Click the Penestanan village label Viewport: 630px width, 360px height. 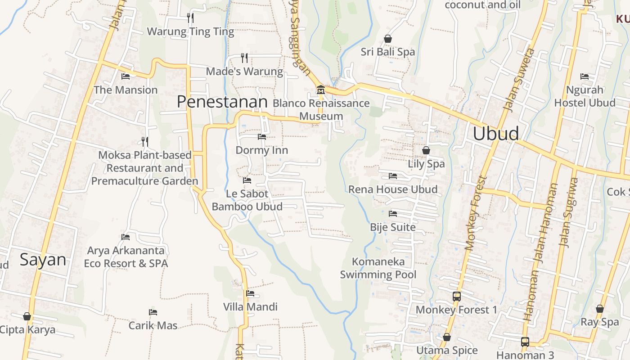coord(222,102)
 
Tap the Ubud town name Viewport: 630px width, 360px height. coord(496,134)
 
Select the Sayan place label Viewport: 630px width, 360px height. coord(43,260)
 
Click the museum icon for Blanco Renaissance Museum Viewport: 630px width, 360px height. coord(320,90)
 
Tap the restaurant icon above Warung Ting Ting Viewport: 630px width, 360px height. coord(190,18)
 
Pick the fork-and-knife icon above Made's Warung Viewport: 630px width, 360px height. coord(244,58)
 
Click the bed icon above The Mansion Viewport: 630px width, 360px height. coord(126,76)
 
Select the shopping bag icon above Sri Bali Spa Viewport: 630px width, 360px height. coord(387,39)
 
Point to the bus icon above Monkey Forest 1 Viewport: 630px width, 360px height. coord(456,297)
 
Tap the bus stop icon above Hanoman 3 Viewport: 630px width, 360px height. coord(525,342)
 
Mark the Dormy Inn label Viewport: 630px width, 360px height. coord(261,150)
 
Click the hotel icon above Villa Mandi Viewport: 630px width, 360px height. coord(250,293)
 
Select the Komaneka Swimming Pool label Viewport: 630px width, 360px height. coord(378,268)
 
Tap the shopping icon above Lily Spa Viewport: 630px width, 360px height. coord(426,150)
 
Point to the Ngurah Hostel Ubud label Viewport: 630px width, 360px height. coord(585,96)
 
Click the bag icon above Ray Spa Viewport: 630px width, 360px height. coord(599,309)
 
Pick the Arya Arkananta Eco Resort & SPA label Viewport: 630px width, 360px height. coord(126,257)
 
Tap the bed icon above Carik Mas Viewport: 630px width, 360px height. coord(153,312)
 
